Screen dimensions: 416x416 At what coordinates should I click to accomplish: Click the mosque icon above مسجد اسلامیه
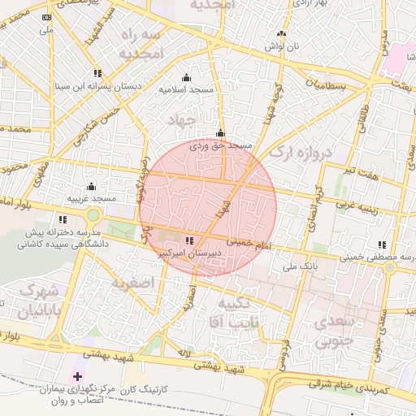coord(187,78)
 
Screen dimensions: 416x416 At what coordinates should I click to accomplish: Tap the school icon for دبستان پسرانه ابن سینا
coord(97,72)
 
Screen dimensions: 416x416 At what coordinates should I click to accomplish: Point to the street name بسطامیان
coord(326,85)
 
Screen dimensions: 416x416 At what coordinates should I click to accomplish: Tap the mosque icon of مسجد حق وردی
coord(220,134)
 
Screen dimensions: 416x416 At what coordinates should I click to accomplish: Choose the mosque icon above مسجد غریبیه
coord(91,187)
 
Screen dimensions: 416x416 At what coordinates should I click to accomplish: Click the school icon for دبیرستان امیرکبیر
coord(189,241)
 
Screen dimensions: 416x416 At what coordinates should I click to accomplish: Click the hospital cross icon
coord(78,377)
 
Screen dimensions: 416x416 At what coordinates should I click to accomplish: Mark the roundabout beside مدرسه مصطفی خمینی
coord(389,268)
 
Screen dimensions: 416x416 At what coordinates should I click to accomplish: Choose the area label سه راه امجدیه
coord(141,45)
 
